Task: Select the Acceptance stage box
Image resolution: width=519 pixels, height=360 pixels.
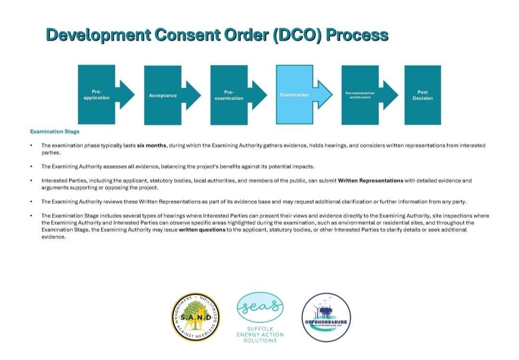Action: coord(162,95)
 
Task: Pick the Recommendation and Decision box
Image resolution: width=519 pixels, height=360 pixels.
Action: coord(360,95)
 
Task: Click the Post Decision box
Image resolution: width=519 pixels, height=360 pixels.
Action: coord(422,95)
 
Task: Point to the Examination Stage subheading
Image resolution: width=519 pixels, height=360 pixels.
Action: coord(55,131)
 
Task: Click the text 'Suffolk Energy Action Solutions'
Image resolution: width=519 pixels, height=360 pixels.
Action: coord(260,334)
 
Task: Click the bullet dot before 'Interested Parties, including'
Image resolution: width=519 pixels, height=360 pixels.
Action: coord(31,181)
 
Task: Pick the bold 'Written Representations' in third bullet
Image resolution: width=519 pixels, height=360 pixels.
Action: coord(370,181)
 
